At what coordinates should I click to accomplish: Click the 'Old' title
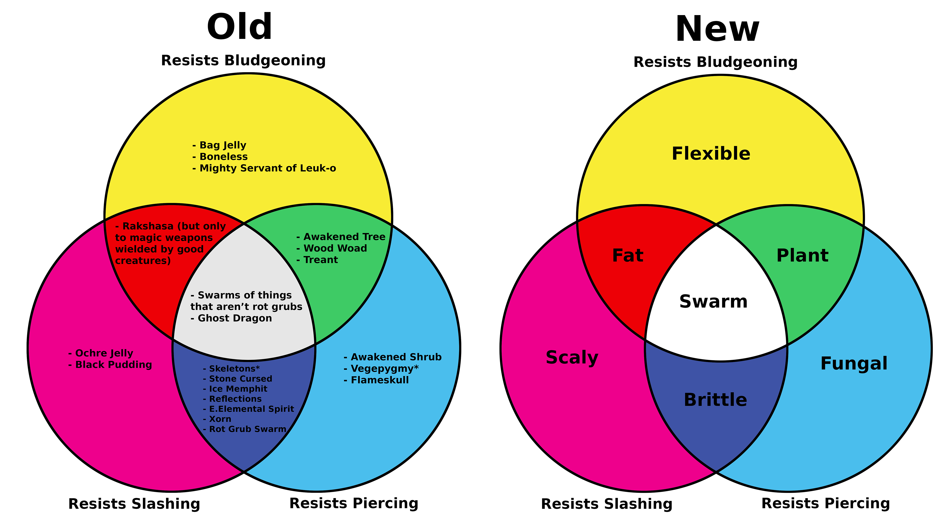(240, 27)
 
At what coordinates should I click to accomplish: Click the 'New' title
(717, 29)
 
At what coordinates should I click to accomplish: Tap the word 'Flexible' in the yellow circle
(711, 154)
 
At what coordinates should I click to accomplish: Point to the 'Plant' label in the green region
(802, 255)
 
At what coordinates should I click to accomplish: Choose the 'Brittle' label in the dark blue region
(715, 400)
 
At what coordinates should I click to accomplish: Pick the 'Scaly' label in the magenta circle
(572, 357)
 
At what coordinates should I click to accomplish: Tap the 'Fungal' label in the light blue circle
(854, 364)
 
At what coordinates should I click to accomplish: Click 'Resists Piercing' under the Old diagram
(354, 503)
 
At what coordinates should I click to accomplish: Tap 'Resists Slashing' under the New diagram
(607, 504)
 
